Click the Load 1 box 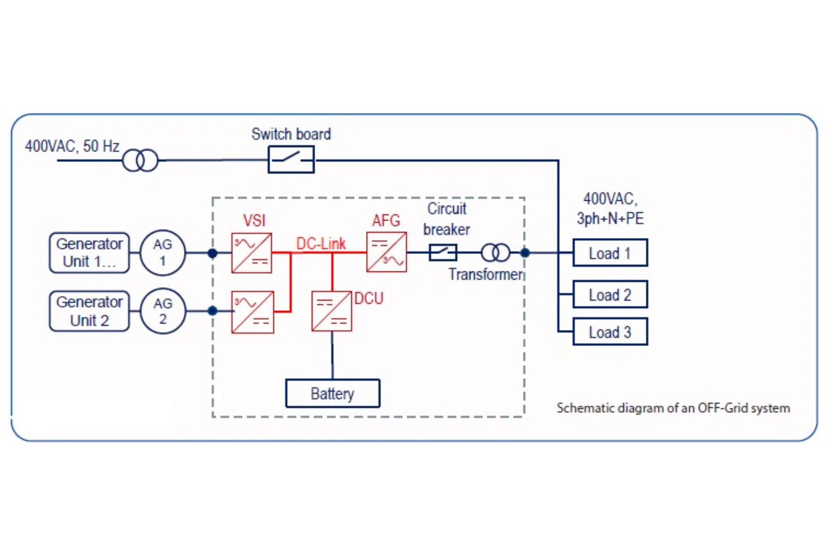point(610,253)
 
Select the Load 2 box point(610,294)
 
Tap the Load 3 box point(610,332)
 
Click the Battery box point(333,393)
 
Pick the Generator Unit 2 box point(89,311)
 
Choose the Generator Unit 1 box point(89,253)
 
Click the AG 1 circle point(163,253)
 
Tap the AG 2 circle point(163,311)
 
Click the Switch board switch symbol point(291,159)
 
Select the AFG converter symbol point(386,252)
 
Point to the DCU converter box point(332,311)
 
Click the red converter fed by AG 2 point(253,312)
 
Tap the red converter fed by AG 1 point(252,253)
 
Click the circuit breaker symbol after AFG point(443,252)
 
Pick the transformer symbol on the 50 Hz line point(140,161)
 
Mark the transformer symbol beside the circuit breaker point(496,252)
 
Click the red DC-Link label point(321,244)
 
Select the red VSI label point(254,220)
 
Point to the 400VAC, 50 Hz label point(72,147)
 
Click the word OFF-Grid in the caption point(723,408)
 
